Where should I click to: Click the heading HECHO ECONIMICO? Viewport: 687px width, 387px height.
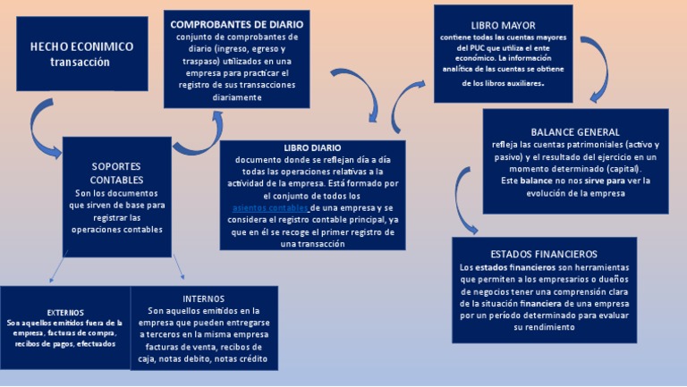pyautogui.click(x=81, y=46)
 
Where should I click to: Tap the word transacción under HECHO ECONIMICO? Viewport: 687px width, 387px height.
pyautogui.click(x=80, y=63)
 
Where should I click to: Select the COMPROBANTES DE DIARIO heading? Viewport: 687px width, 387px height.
pyautogui.click(x=236, y=24)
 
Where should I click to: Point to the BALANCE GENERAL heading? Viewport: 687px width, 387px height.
pyautogui.click(x=575, y=131)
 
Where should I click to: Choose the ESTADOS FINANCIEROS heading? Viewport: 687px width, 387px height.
pyautogui.click(x=544, y=254)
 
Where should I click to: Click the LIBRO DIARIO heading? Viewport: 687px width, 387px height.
pyautogui.click(x=312, y=147)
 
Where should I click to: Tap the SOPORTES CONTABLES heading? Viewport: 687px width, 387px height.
pyautogui.click(x=116, y=173)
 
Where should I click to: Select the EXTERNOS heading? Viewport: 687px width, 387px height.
pyautogui.click(x=65, y=312)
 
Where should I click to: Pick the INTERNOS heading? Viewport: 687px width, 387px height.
pyautogui.click(x=204, y=298)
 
